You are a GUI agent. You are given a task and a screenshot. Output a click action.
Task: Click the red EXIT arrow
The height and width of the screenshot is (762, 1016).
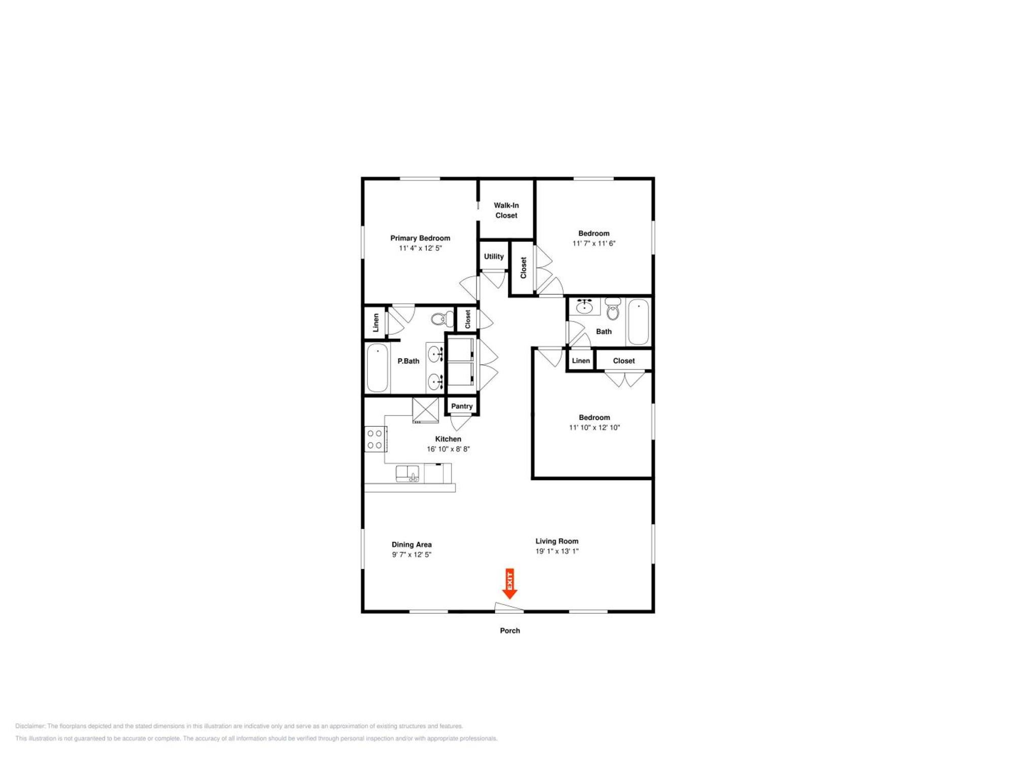coord(510,584)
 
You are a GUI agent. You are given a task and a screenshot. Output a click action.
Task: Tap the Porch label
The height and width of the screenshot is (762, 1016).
coord(510,630)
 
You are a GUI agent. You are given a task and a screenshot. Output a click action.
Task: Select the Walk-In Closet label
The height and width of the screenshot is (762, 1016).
coord(506,210)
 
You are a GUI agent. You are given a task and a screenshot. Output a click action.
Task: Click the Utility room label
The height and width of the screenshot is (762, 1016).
coord(494,257)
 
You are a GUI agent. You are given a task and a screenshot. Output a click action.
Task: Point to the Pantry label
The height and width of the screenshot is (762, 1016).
coord(462,406)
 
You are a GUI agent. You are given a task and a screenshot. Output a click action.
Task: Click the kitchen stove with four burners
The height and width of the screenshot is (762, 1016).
coord(375,439)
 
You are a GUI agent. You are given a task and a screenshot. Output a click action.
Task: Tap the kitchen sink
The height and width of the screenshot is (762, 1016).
coord(407,473)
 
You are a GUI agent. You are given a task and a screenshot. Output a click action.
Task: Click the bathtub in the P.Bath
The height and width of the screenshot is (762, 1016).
coord(377,368)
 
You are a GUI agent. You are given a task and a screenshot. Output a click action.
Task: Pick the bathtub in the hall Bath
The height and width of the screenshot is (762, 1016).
coord(639,322)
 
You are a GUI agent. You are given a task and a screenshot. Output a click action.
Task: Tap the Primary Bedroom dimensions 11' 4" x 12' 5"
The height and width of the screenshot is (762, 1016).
coord(420,248)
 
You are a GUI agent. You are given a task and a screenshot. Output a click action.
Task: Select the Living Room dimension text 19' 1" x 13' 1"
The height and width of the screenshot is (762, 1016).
coord(557,551)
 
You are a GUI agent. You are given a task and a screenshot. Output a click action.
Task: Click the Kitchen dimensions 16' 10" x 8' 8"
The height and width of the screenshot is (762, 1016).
coord(448,449)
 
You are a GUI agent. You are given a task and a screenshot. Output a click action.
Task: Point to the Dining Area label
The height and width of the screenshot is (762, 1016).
coord(411,545)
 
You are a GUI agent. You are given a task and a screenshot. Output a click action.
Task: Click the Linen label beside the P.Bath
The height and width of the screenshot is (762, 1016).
coord(376,323)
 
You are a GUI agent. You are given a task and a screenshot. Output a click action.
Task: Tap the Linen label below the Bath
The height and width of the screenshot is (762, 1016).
coord(581,361)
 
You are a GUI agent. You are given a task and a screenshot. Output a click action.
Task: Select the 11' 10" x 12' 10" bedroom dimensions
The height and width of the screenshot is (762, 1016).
coord(594,428)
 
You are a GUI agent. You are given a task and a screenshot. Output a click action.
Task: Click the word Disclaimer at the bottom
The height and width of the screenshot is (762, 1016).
coord(30,726)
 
